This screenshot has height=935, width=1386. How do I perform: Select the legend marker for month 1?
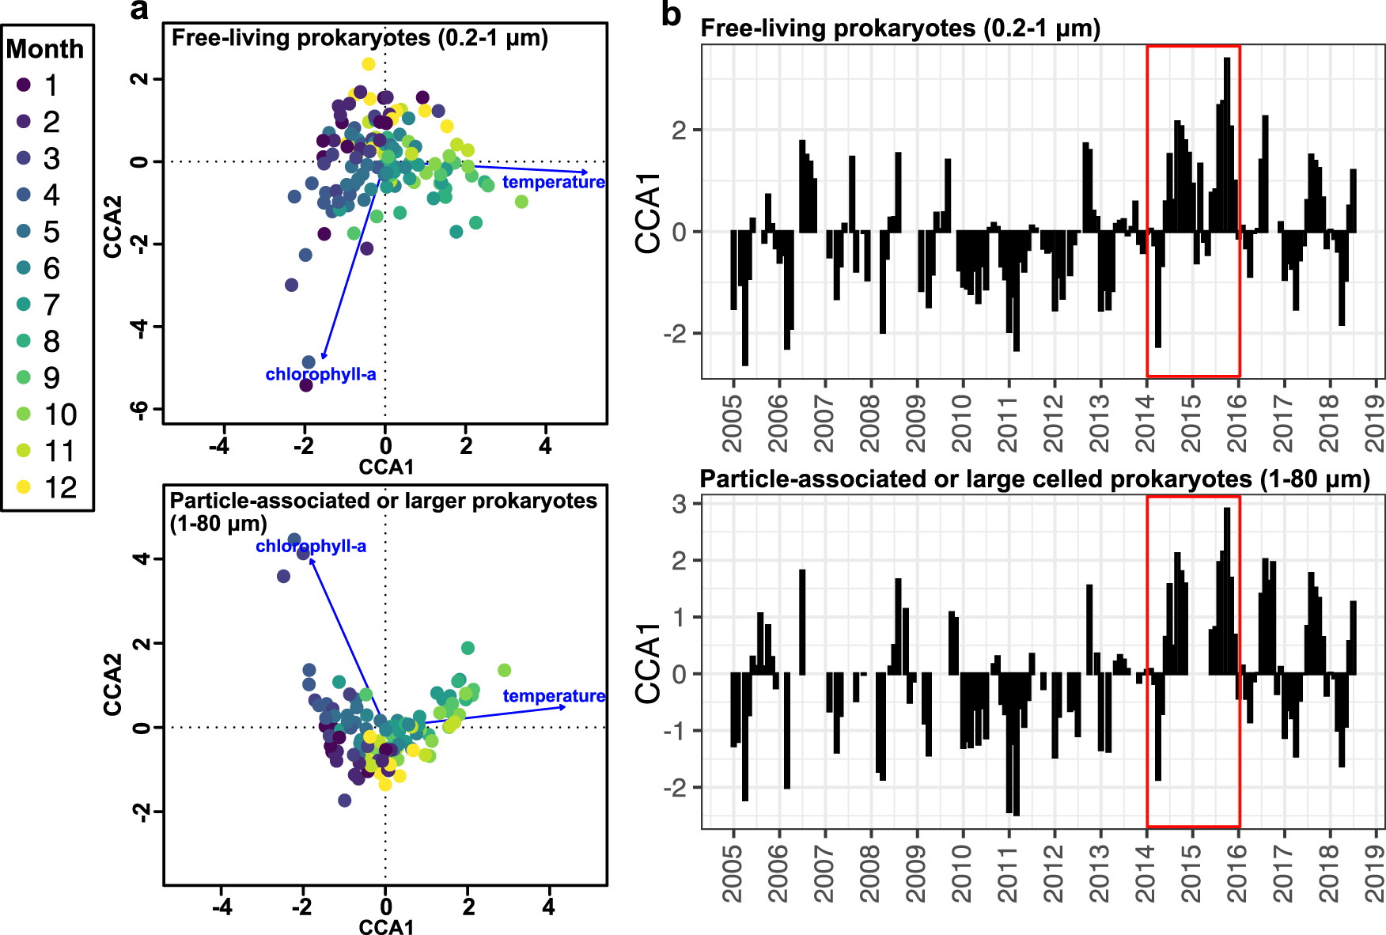click(x=24, y=85)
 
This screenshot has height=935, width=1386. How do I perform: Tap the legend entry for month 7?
click(x=24, y=305)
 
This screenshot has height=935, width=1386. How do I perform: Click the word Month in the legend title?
click(x=45, y=49)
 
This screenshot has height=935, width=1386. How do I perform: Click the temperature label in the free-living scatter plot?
click(x=553, y=182)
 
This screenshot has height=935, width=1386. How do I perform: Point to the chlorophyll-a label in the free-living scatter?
click(x=320, y=374)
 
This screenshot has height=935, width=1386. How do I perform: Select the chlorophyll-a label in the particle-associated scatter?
click(x=310, y=546)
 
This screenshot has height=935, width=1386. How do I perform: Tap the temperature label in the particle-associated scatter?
click(x=554, y=696)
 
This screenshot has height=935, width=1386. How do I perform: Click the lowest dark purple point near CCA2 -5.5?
click(x=306, y=385)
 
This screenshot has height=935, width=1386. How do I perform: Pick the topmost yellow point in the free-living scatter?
click(x=369, y=64)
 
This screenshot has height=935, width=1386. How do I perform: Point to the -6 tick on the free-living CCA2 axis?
click(x=139, y=409)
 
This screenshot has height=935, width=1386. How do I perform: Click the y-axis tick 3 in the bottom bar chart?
click(x=680, y=504)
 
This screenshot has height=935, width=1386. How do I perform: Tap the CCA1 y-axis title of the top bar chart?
click(x=648, y=213)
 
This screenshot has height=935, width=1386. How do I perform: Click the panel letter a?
click(x=139, y=11)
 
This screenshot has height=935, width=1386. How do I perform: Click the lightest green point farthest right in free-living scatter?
click(x=521, y=202)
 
